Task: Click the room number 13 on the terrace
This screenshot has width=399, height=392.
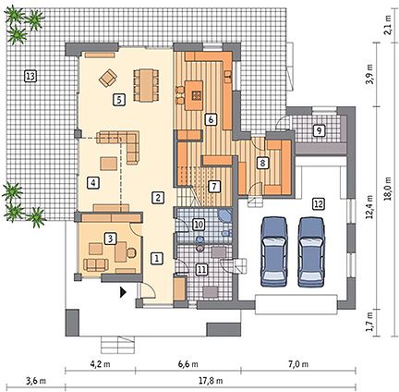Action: point(30,76)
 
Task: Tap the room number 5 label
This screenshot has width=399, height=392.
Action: point(119,100)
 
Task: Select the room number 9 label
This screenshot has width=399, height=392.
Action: point(319,130)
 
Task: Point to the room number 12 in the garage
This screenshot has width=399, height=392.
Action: point(318,203)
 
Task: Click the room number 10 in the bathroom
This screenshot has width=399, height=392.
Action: point(199,225)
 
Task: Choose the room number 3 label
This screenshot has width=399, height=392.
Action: point(111,239)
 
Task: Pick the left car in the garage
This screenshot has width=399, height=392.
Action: point(273,251)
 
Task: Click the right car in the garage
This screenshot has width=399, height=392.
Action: point(311,251)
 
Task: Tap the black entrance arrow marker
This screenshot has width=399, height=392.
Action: point(123,292)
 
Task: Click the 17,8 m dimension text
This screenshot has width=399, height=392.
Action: point(212,381)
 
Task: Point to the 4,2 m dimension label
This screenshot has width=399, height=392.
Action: point(100,364)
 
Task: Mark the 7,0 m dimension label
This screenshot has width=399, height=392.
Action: point(298,364)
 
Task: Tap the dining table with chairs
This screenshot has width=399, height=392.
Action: point(146,85)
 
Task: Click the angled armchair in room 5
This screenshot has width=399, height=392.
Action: point(108,78)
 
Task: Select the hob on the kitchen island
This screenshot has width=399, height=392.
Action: point(196,95)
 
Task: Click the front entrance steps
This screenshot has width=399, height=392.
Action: point(118,345)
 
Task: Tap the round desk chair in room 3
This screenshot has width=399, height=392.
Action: point(131,252)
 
